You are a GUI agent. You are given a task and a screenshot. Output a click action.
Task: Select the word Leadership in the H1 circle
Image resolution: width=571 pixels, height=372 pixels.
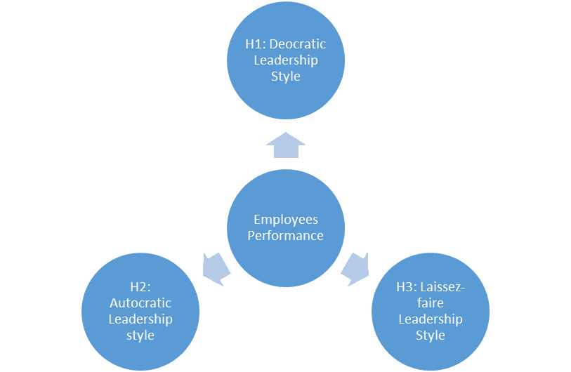[x=285, y=60]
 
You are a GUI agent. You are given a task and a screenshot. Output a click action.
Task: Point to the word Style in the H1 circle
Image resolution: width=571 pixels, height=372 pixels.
[x=285, y=76]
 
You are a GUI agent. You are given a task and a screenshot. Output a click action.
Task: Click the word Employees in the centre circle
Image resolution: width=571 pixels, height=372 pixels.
[x=285, y=220]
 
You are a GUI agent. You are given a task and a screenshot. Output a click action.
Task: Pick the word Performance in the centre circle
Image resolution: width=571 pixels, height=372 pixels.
[x=285, y=236]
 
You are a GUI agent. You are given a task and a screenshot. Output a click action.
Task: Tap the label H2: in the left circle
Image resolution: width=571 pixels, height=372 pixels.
[x=140, y=287]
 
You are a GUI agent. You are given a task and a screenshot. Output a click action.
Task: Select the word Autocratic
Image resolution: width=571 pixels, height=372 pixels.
[x=140, y=303]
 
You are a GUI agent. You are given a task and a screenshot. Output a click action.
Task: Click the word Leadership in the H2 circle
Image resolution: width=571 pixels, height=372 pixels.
[x=140, y=319]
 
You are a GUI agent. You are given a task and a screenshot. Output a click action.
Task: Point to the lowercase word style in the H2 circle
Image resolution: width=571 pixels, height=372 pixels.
[x=140, y=336]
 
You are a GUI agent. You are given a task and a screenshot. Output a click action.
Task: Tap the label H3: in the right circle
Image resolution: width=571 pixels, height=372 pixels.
[x=407, y=287]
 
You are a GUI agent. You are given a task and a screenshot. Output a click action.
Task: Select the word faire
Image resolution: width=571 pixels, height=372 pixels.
[x=431, y=303]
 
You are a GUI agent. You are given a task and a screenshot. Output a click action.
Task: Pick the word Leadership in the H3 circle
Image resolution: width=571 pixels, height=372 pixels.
[x=431, y=319]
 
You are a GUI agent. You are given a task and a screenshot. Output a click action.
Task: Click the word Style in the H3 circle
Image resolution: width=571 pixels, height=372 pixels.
[x=431, y=336]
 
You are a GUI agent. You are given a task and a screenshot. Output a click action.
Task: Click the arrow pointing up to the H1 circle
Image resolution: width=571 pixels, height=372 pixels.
[x=285, y=146]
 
